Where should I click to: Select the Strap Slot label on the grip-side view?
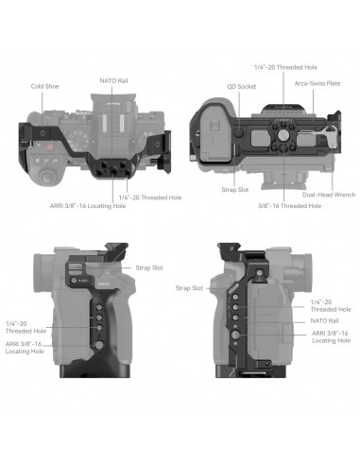[149, 268]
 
